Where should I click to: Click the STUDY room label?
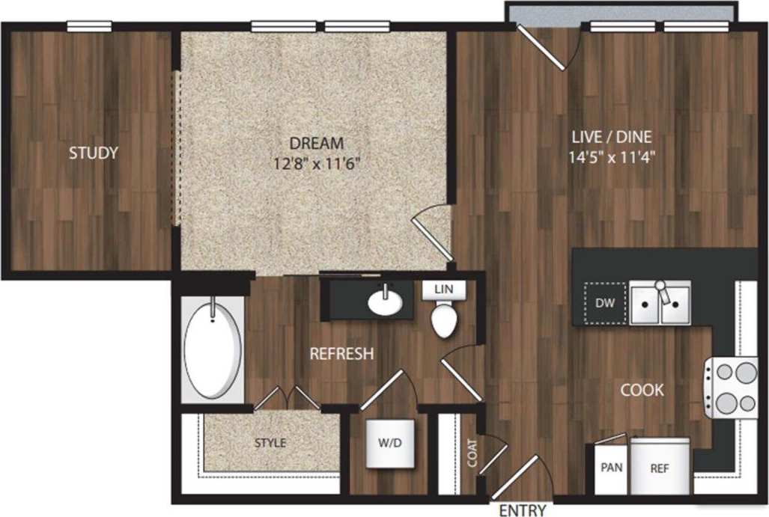(x=94, y=153)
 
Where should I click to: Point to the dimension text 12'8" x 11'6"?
(x=317, y=164)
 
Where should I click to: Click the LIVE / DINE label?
(x=612, y=137)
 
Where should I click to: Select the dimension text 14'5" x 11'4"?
(x=612, y=158)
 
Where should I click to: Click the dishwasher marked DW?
(x=604, y=303)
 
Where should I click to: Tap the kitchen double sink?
(x=660, y=302)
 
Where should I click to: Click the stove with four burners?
(x=731, y=388)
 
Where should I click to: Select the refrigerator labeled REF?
(x=659, y=468)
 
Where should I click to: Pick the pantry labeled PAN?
(x=610, y=468)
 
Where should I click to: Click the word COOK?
(x=642, y=390)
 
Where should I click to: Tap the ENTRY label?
(x=522, y=510)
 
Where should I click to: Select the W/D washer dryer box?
(x=389, y=442)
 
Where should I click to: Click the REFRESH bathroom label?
(x=341, y=353)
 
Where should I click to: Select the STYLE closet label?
(x=270, y=443)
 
